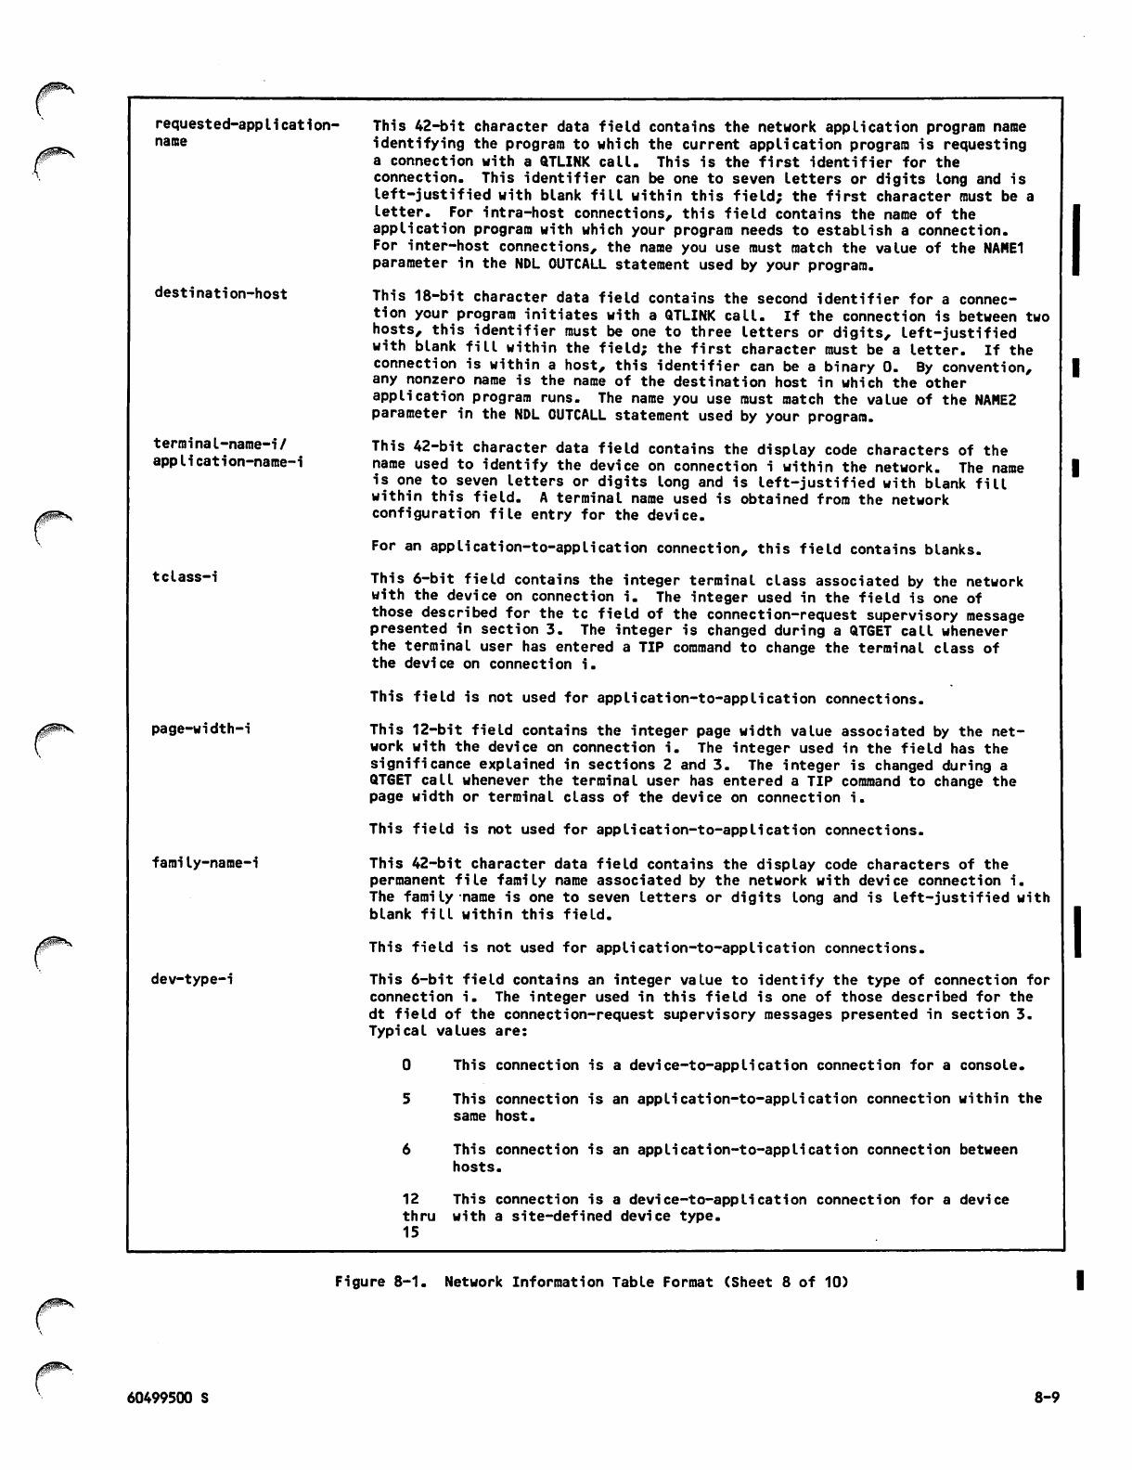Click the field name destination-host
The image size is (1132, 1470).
coord(221,294)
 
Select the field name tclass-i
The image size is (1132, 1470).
coord(186,577)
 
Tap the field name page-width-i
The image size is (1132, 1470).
coord(201,729)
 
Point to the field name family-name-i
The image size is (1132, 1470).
coord(205,863)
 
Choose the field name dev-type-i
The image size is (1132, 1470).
coord(193,979)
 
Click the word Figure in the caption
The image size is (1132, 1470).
coord(359,1283)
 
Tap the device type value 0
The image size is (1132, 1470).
coord(406,1065)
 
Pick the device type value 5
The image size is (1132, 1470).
coord(406,1099)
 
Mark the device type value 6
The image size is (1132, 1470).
coord(406,1150)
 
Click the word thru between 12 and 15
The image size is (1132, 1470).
coord(418,1216)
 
